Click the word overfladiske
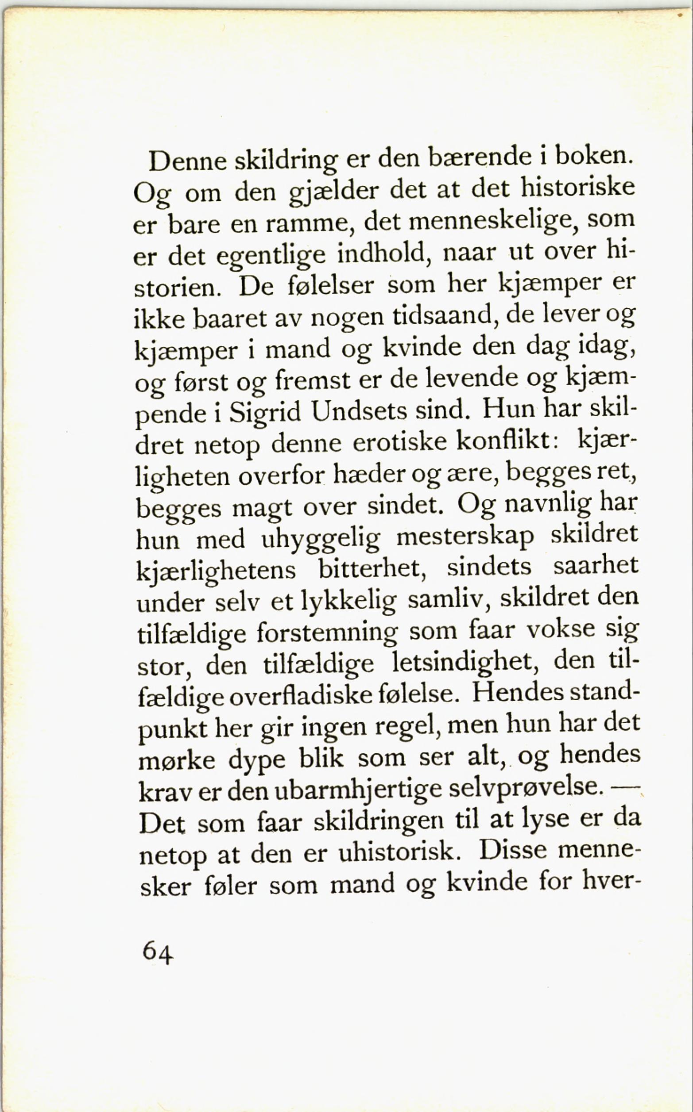[301, 695]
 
